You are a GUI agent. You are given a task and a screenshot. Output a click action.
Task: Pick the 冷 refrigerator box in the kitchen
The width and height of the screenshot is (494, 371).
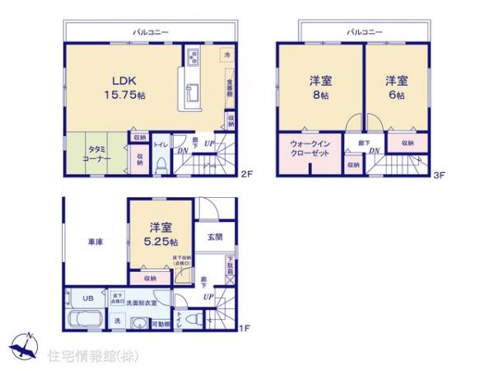226,54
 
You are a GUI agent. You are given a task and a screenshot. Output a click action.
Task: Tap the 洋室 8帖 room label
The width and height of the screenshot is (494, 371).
321,87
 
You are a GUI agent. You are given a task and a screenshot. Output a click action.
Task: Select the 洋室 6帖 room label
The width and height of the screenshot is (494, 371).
397,87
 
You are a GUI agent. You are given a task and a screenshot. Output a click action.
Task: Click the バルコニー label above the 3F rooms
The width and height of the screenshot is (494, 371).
362,31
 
